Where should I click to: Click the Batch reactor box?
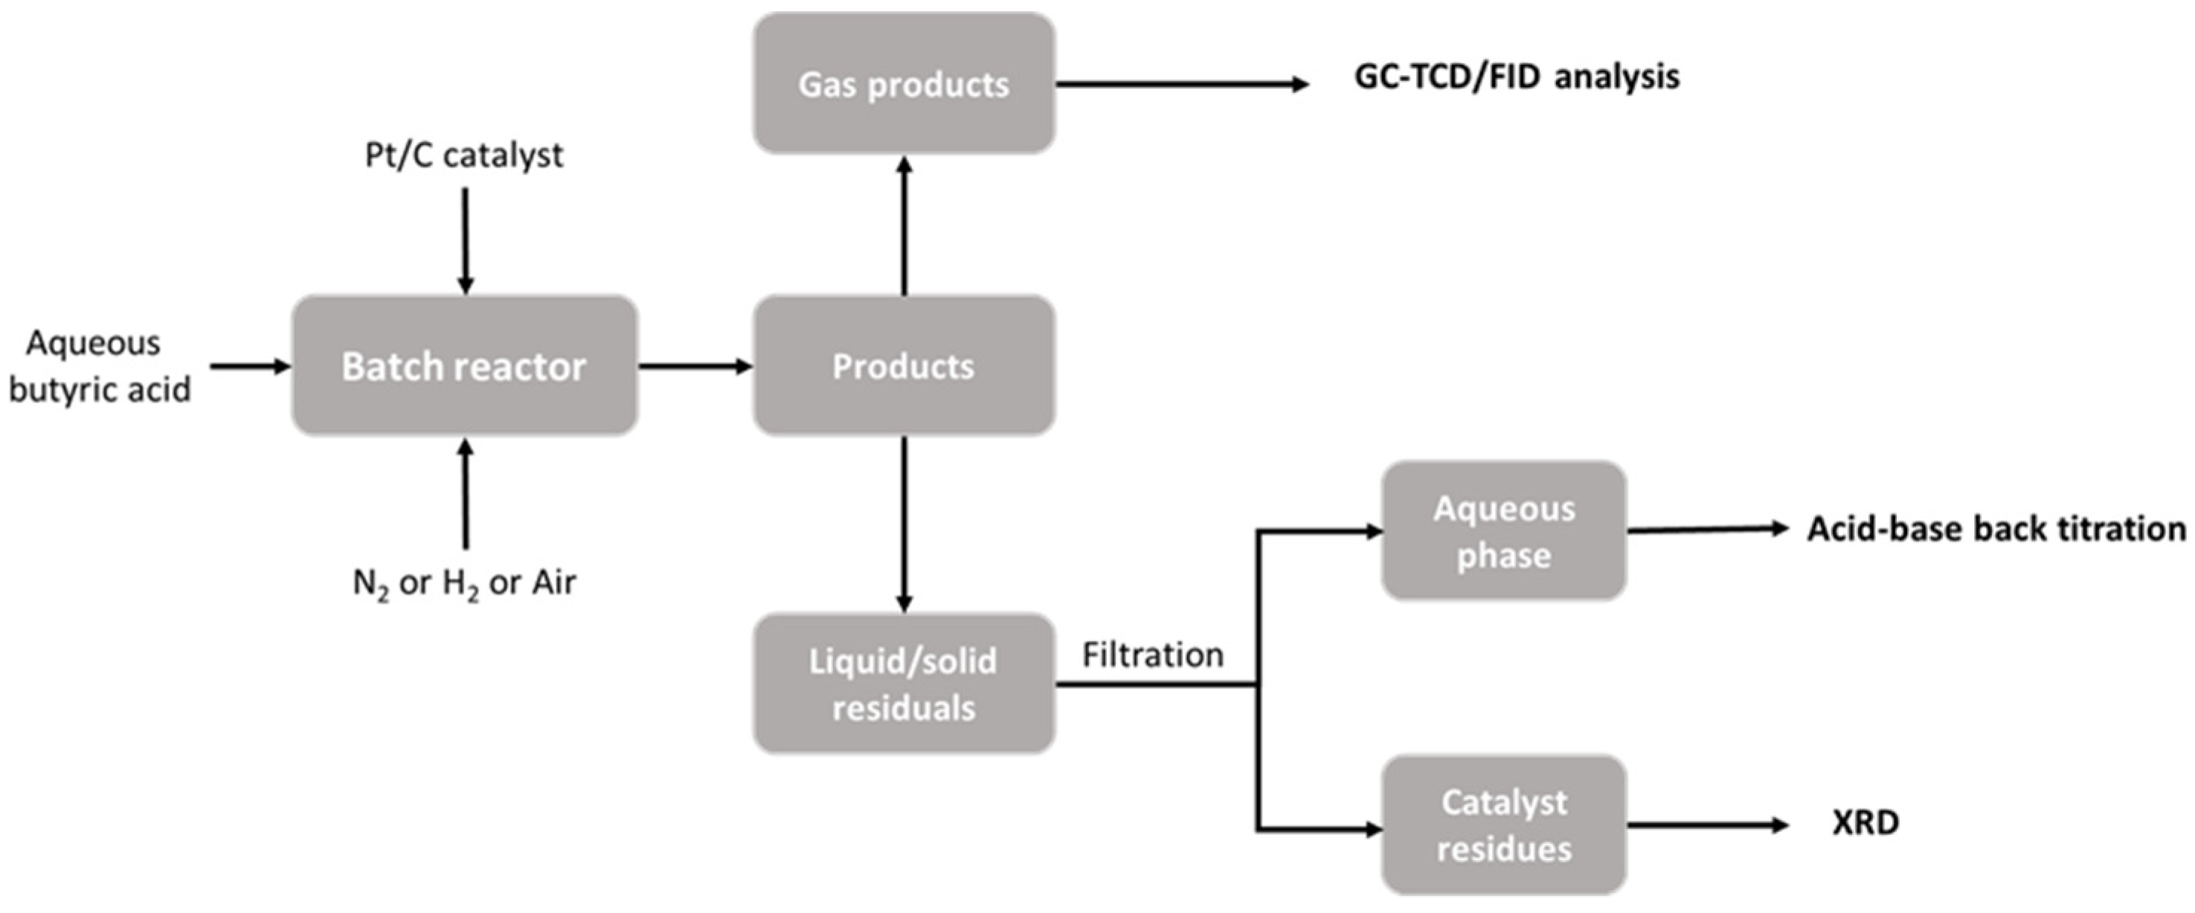(x=464, y=365)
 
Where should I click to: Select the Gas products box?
(x=903, y=83)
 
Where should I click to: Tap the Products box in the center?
(x=903, y=365)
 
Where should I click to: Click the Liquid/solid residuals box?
(x=903, y=684)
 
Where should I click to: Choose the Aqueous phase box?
(x=1503, y=531)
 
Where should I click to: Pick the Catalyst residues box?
(x=1503, y=824)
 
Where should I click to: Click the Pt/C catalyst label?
(x=464, y=156)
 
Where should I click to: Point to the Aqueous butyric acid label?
(x=98, y=367)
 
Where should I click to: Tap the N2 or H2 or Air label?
(x=464, y=583)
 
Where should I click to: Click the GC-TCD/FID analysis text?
(x=1517, y=77)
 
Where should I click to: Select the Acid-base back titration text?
(x=1996, y=529)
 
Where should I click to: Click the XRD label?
(x=1865, y=823)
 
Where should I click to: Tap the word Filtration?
(x=1152, y=655)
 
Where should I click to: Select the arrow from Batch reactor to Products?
(x=695, y=367)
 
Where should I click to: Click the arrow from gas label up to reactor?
(x=465, y=494)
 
